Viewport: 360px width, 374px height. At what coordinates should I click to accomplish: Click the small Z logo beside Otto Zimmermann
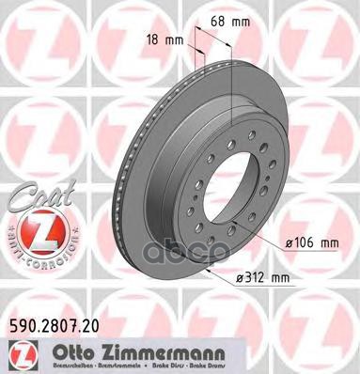18,351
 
